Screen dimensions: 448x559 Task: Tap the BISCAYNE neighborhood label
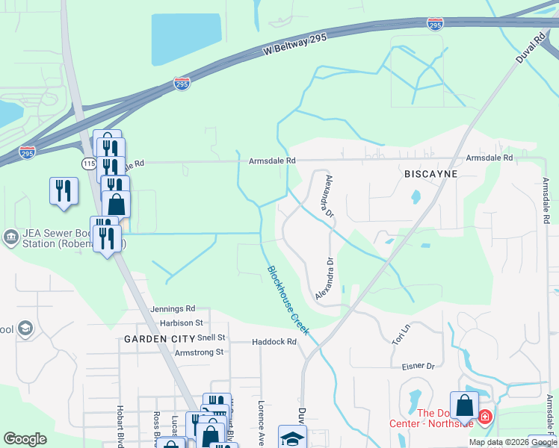[430, 173]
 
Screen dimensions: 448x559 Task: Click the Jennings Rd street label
[172, 308]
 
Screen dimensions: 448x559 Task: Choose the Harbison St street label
[182, 323]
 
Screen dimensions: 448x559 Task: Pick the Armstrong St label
[199, 352]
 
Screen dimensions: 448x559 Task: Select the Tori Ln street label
[401, 335]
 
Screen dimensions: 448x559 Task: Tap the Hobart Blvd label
[120, 426]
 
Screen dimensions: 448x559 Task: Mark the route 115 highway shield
[89, 163]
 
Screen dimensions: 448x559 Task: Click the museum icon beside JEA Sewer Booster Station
[10, 237]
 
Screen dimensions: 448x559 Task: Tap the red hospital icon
[484, 415]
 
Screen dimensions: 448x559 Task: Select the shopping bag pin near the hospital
[464, 405]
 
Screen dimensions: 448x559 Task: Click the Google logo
[25, 439]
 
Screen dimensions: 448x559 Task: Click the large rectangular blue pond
[187, 39]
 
